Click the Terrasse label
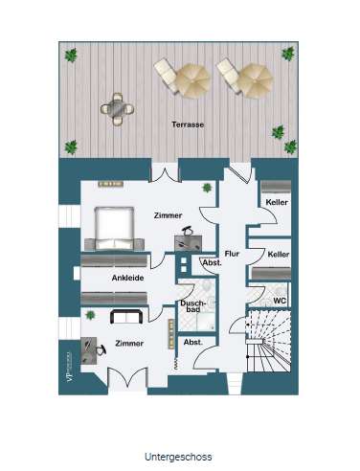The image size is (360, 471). click(188, 124)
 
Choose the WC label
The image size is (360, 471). click(280, 301)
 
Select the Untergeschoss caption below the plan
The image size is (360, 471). click(179, 457)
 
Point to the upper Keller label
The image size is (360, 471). click(279, 203)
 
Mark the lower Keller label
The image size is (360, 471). click(279, 254)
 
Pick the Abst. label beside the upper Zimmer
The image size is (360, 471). click(212, 262)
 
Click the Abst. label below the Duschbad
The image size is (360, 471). click(191, 342)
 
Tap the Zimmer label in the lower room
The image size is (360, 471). click(129, 342)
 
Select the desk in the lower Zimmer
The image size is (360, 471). click(93, 350)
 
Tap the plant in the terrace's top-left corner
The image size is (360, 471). click(70, 56)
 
